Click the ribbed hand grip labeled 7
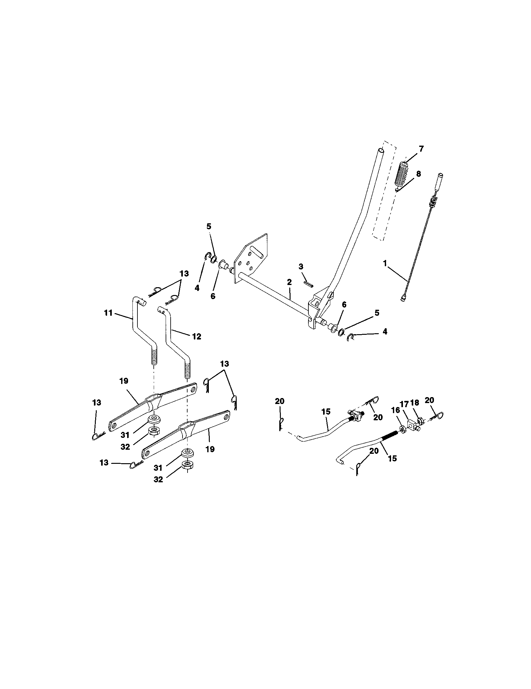tap(401, 174)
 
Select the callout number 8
tap(418, 174)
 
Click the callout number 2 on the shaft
tap(289, 282)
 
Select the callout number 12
tap(196, 337)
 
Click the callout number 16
tap(395, 410)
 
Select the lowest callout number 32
tap(158, 479)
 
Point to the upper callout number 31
tap(125, 435)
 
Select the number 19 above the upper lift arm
tap(124, 381)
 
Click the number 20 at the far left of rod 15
tap(279, 401)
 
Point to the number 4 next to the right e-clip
tap(385, 331)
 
